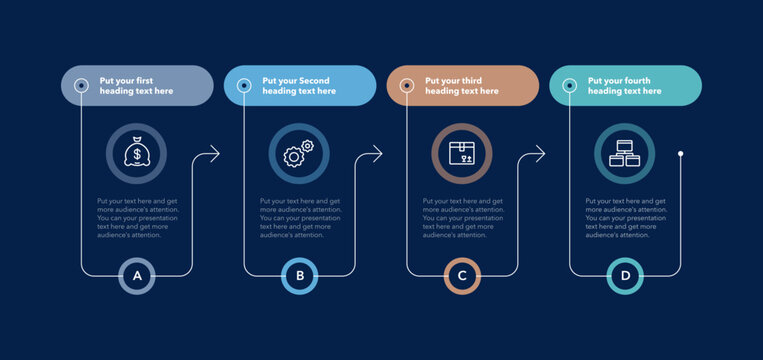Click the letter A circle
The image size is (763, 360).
tap(137, 275)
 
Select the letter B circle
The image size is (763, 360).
tap(299, 275)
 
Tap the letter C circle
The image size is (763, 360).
tap(462, 275)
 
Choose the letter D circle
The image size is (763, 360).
tap(625, 275)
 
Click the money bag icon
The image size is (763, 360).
tap(136, 153)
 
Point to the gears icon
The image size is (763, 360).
tap(299, 153)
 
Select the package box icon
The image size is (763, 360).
tap(462, 153)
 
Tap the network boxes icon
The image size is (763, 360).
tap(625, 153)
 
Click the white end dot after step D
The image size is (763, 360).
tap(681, 153)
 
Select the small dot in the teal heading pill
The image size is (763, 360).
tap(569, 85)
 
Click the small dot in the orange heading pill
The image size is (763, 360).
tap(406, 85)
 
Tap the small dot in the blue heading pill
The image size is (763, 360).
tap(243, 85)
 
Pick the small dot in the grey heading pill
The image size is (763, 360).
tap(81, 85)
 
